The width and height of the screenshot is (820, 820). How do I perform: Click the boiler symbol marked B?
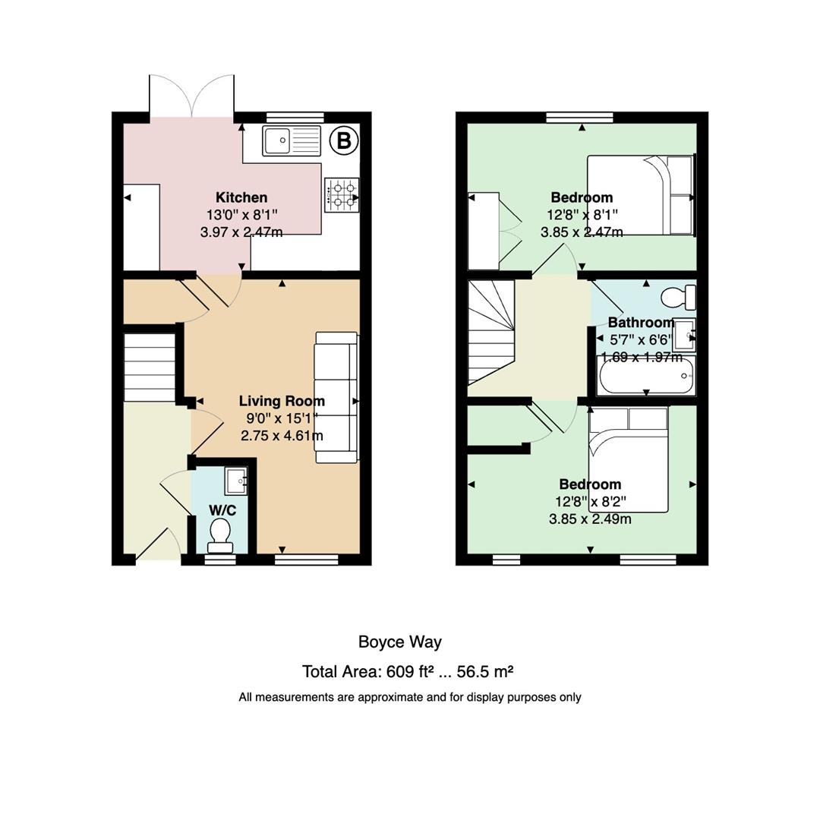coord(344,140)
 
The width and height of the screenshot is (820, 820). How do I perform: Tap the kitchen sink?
coord(292,140)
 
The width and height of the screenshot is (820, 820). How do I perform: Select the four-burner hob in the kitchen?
coord(342,195)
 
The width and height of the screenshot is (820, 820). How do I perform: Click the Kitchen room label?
coord(241,197)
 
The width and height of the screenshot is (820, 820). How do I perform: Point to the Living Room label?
coord(282,401)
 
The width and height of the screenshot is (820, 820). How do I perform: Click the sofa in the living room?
coord(336,397)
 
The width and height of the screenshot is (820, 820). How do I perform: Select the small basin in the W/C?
coord(236,481)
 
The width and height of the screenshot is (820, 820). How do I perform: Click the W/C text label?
coord(222,510)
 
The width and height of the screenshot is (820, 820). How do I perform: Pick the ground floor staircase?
coord(150,367)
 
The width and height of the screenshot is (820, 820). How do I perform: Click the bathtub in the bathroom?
coord(646,376)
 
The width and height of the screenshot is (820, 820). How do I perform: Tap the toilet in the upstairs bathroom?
coord(678,298)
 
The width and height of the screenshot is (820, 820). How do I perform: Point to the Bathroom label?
coord(641,322)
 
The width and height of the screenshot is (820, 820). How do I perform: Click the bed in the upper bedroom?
coord(641,194)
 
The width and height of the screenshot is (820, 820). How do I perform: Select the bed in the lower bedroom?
coord(628,459)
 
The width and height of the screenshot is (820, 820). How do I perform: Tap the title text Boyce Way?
coord(400,642)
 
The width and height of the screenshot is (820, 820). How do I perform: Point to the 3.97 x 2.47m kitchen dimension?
coord(241,232)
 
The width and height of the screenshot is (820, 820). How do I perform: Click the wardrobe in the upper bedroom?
coord(484,231)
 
